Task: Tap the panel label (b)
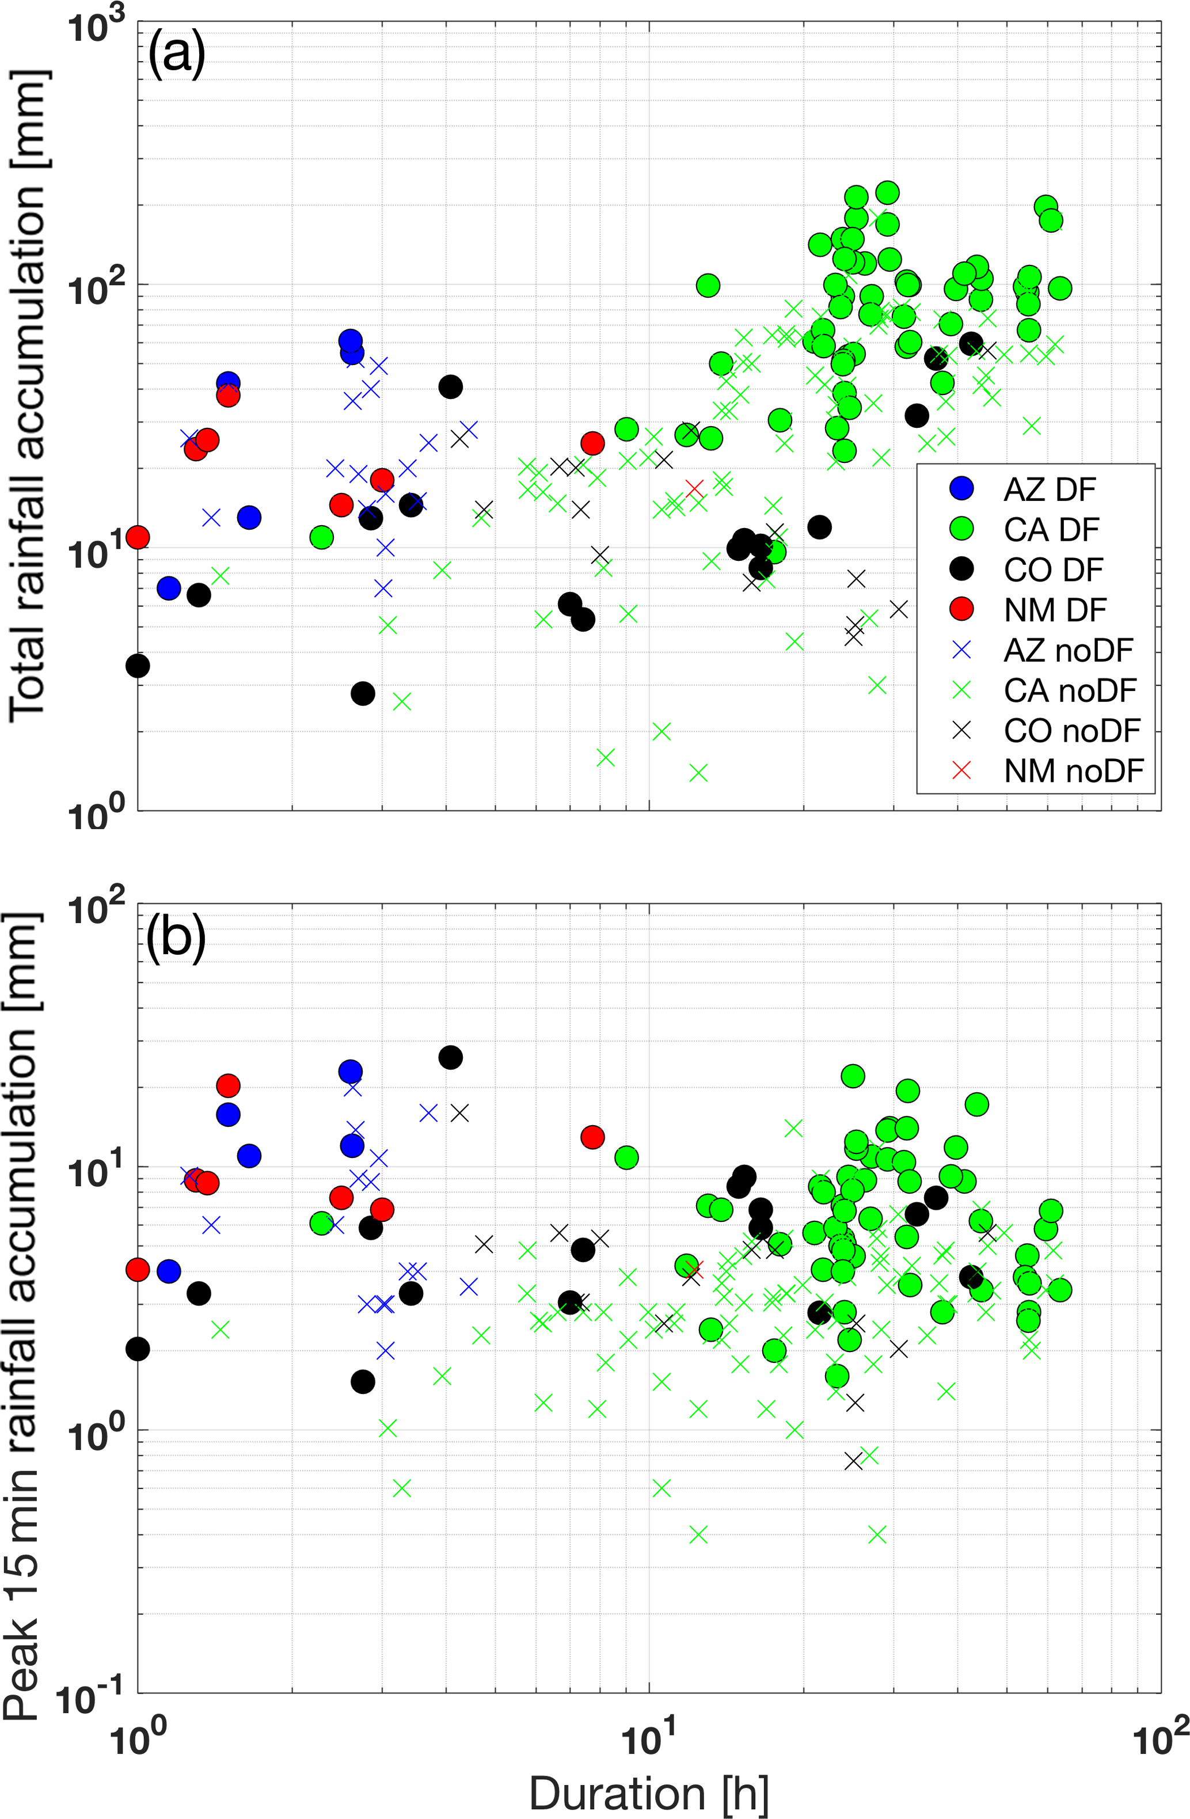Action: [x=175, y=938]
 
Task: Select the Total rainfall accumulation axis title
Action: [x=29, y=397]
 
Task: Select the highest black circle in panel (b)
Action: [x=450, y=1058]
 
